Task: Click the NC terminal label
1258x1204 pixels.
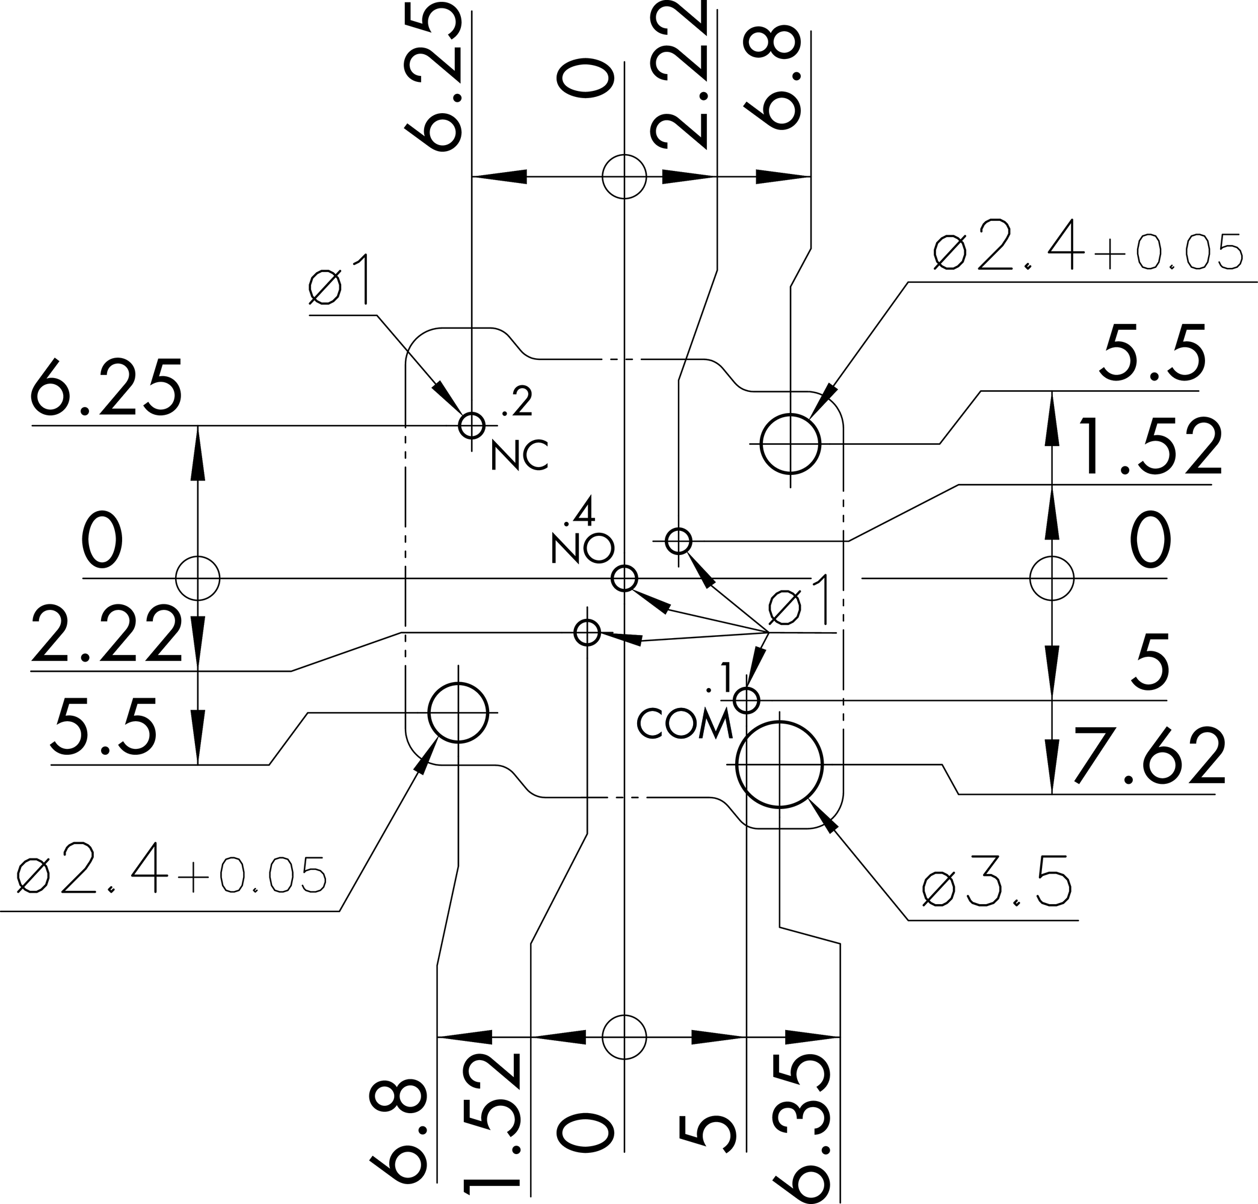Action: [519, 456]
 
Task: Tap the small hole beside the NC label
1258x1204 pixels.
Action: [472, 425]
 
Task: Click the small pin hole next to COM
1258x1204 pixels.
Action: [747, 700]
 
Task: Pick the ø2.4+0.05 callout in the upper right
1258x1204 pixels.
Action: [1088, 253]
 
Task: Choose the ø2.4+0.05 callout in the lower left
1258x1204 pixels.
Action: [171, 876]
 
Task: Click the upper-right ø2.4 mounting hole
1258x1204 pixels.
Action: [791, 444]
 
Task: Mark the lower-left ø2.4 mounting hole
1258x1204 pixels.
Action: [458, 712]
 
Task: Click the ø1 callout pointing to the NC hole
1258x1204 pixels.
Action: [340, 281]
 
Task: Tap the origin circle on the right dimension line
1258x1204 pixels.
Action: [1052, 579]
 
